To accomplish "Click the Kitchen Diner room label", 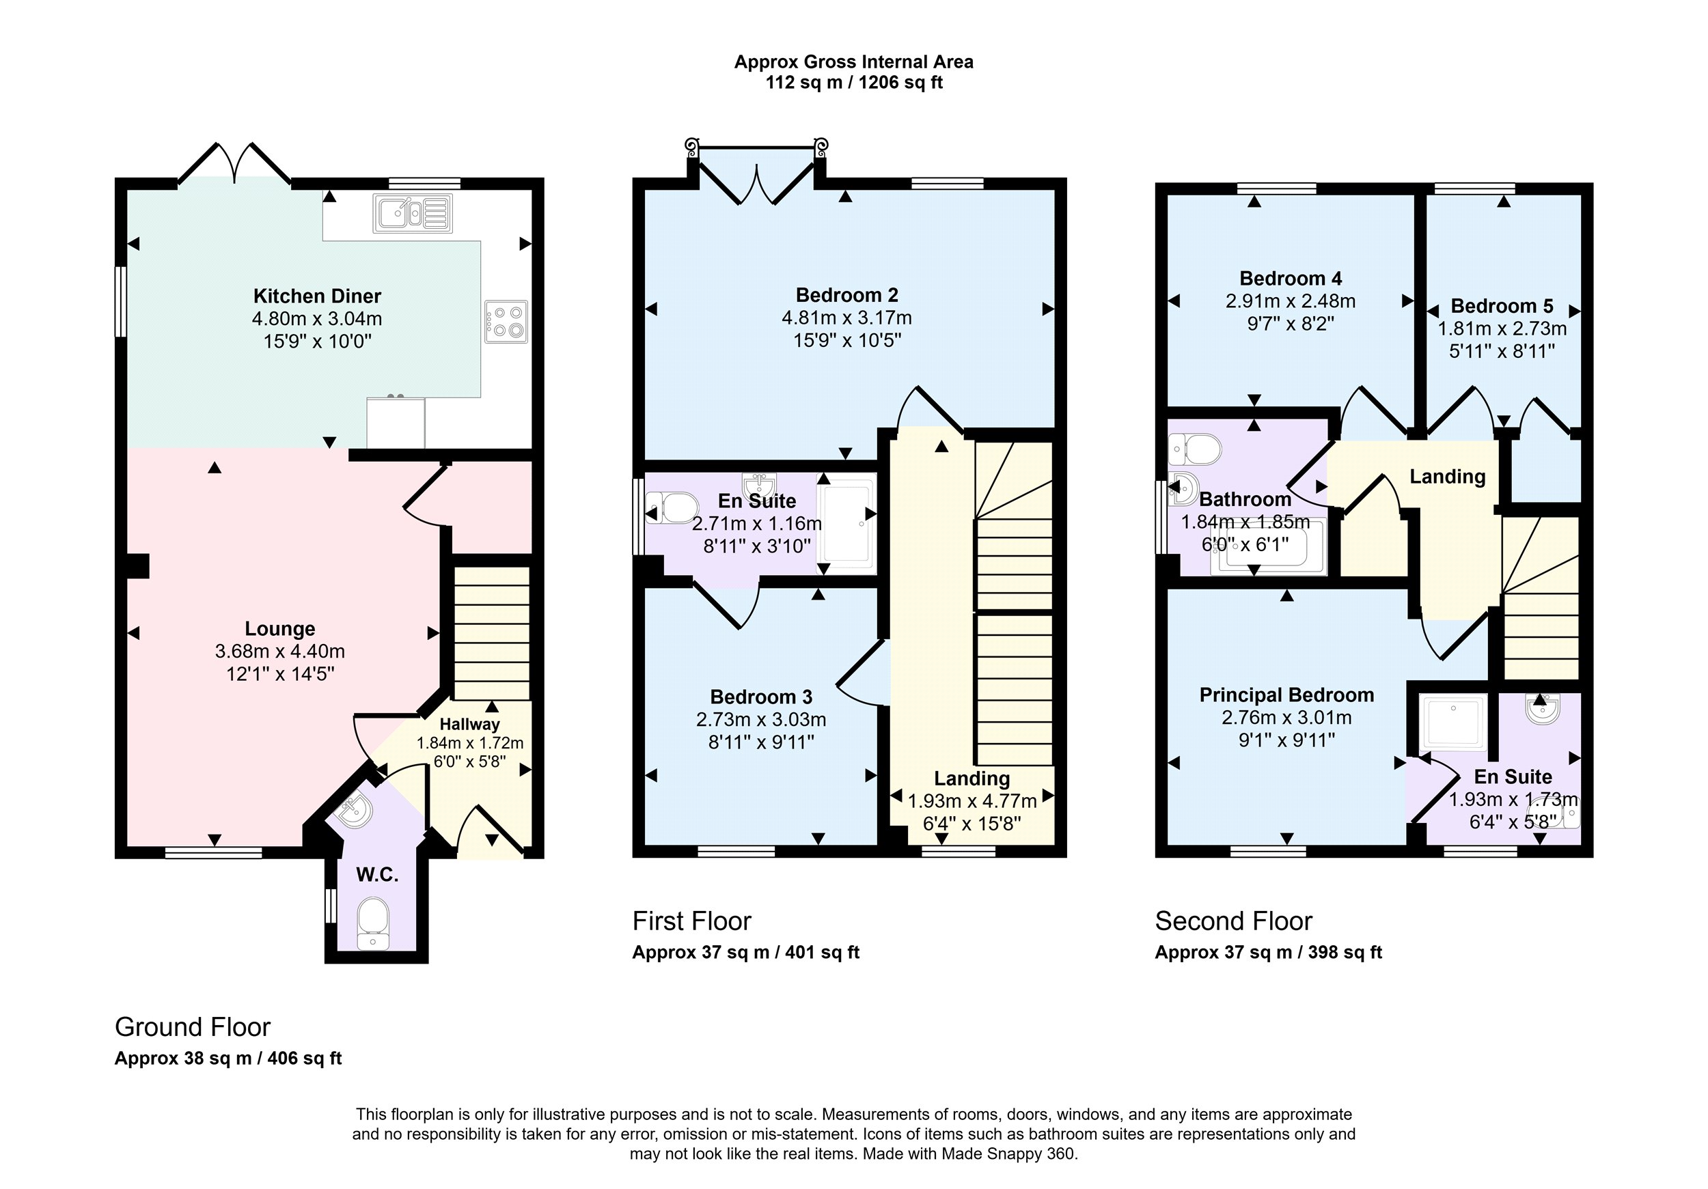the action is tap(317, 296).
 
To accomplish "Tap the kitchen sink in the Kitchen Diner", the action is tap(413, 213).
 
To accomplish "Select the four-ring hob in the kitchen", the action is tap(506, 321).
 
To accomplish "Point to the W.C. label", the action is tap(377, 874).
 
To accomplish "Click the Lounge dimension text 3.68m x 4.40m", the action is tap(279, 652).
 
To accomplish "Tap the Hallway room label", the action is tap(469, 723).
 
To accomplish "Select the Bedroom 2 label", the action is tap(846, 295).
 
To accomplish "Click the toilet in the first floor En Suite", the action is tap(672, 508).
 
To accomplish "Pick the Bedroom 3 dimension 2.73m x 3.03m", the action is tap(761, 720).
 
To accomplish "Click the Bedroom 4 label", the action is tap(1291, 279).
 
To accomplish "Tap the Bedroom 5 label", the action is tap(1502, 305).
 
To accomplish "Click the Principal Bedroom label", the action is tap(1286, 695).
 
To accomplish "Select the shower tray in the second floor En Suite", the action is tap(1454, 722).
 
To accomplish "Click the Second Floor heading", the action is tap(1233, 921).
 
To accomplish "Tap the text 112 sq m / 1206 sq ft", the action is tap(854, 83).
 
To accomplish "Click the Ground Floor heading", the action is tap(193, 1027).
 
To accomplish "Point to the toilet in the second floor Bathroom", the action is tap(1195, 449).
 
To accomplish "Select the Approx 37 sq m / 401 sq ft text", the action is tap(745, 953).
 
